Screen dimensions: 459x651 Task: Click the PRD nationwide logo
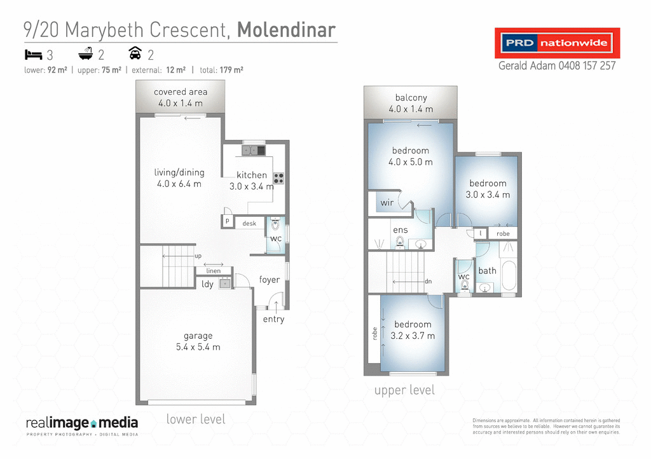557,43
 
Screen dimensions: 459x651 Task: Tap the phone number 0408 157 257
586,65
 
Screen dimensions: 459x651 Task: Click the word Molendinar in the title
286,29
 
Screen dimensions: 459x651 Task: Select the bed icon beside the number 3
32,54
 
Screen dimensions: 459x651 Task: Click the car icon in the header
135,53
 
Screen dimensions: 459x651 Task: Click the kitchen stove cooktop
278,177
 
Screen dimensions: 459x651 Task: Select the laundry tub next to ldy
225,284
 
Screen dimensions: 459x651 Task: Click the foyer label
270,280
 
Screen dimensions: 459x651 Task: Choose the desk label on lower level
249,223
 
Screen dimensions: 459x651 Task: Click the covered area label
181,92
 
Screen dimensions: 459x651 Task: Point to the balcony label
411,98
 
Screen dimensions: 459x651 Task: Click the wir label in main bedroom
387,203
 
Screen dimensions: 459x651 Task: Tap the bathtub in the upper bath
509,275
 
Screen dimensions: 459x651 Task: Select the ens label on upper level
400,230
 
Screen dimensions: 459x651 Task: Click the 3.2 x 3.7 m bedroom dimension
413,336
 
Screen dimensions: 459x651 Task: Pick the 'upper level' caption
404,390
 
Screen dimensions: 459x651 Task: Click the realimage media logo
81,424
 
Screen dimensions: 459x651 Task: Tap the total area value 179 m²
231,70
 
